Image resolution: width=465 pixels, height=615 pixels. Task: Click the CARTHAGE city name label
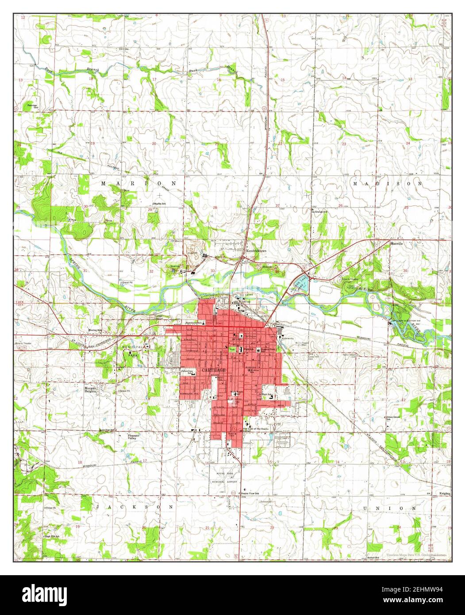(x=214, y=369)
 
